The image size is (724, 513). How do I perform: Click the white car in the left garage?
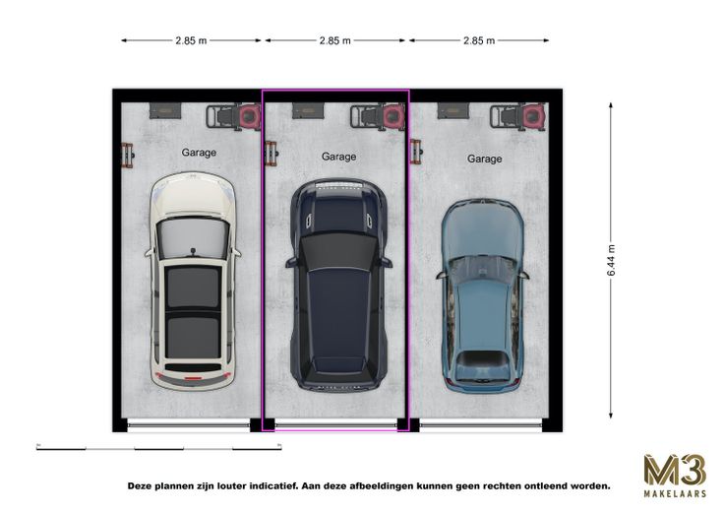point(193,281)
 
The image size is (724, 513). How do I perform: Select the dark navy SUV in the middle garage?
point(338,286)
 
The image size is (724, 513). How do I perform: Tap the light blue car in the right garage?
point(483,295)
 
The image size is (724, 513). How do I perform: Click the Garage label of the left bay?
point(199,153)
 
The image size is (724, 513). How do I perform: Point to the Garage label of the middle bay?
point(339,157)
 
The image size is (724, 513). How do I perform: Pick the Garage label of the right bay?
point(484,159)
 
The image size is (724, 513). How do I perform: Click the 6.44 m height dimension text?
point(611,260)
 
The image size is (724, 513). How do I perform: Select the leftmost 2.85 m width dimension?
point(191,40)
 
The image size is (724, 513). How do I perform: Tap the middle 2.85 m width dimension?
point(335,40)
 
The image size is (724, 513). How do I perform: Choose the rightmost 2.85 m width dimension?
point(479,40)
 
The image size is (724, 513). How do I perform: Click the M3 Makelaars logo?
point(675,476)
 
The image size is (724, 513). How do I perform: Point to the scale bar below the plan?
point(158,447)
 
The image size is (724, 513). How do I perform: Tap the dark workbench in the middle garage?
point(309,111)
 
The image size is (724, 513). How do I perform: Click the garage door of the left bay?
point(189,423)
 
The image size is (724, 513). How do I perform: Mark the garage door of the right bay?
point(480,423)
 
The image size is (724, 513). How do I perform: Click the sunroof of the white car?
point(193,312)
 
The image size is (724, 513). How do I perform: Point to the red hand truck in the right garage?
point(415,152)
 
